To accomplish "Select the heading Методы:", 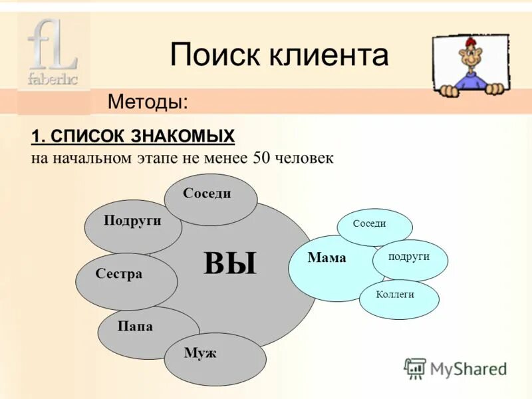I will coord(148,102).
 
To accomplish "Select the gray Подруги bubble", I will coord(132,222).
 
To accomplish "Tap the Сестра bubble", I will coord(120,274).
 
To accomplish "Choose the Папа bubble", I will coord(136,327).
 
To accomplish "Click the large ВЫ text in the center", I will coord(230,263).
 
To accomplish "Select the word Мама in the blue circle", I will coord(327,259).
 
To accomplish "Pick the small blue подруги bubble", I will coord(409,257).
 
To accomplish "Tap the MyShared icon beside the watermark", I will coord(415,368).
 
